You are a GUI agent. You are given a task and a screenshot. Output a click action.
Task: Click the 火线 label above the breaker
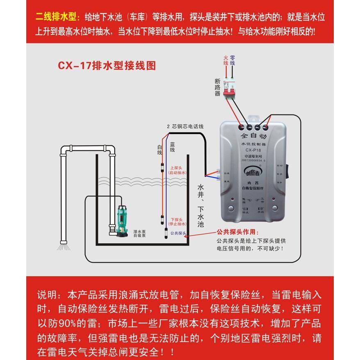(225, 61)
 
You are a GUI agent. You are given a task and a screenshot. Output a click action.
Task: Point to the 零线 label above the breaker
(232, 61)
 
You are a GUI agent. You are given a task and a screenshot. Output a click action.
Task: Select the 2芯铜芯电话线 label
(185, 127)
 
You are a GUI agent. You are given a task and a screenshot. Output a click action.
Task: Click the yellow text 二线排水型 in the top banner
(57, 18)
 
